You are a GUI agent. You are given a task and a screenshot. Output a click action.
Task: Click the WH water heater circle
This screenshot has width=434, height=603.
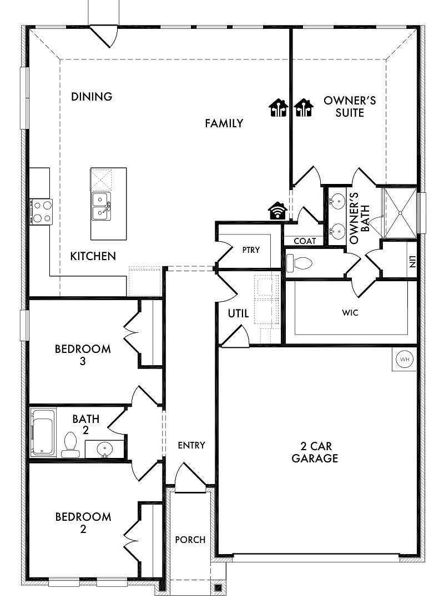pyautogui.click(x=405, y=360)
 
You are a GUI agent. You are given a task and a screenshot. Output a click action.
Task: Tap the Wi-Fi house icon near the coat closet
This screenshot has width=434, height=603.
pyautogui.click(x=277, y=211)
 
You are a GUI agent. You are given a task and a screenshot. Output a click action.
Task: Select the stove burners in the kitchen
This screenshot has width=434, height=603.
pyautogui.click(x=42, y=212)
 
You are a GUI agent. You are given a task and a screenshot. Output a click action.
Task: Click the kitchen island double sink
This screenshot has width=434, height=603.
pyautogui.click(x=101, y=206)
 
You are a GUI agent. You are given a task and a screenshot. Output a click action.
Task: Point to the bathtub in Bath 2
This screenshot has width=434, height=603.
pyautogui.click(x=43, y=432)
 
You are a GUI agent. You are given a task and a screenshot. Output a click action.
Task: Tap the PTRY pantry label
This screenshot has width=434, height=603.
pyautogui.click(x=251, y=250)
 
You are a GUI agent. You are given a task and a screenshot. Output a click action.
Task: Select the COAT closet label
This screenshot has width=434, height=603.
pyautogui.click(x=305, y=241)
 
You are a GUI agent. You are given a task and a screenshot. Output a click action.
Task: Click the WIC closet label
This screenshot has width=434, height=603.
pyautogui.click(x=350, y=313)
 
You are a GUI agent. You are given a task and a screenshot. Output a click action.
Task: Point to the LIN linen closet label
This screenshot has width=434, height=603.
pyautogui.click(x=412, y=262)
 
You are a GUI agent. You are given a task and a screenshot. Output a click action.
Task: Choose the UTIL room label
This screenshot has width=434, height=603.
pyautogui.click(x=238, y=313)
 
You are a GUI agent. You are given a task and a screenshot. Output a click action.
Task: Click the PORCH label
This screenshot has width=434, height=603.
pyautogui.click(x=190, y=540)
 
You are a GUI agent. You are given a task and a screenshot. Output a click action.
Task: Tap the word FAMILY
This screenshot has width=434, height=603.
pyautogui.click(x=224, y=123)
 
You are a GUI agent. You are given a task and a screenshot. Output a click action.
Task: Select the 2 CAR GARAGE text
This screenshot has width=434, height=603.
pyautogui.click(x=315, y=452)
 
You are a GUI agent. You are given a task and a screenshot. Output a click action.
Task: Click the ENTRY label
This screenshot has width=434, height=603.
pyautogui.click(x=191, y=445)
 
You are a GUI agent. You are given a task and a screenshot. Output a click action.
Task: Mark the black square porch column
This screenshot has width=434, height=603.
pyautogui.click(x=218, y=587)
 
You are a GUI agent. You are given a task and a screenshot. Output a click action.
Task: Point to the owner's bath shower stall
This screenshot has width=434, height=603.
pyautogui.click(x=401, y=212)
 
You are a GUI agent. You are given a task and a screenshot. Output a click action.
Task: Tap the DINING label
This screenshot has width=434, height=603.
pyautogui.click(x=92, y=96)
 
